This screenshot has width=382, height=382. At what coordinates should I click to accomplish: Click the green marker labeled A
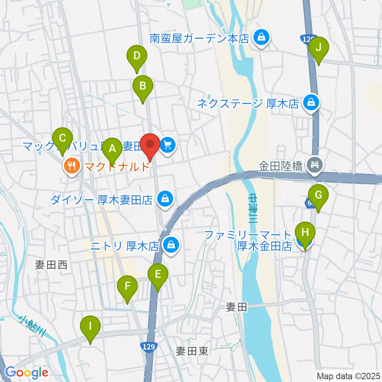[x=112, y=149]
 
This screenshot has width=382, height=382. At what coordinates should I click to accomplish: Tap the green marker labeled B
[x=142, y=85]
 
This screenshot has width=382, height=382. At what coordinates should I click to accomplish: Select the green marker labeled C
[x=62, y=138]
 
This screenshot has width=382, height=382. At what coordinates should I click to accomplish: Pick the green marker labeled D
[x=137, y=56]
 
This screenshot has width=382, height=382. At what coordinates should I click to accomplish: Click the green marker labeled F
[x=127, y=286]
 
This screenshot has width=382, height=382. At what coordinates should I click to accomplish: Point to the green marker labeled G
[x=318, y=195]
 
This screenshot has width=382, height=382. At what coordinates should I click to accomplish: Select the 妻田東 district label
[x=192, y=351]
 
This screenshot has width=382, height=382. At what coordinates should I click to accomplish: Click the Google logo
[x=26, y=372]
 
